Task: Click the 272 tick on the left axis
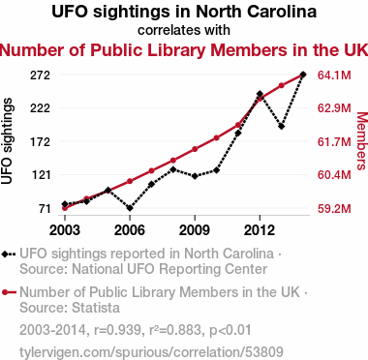(x=40, y=75)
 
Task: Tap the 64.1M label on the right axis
(x=334, y=75)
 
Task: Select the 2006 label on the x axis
(x=130, y=230)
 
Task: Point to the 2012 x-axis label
(x=260, y=230)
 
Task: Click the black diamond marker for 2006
(x=130, y=208)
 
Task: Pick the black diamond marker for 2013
(x=281, y=127)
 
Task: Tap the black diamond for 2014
(x=303, y=75)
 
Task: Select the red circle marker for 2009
(x=195, y=149)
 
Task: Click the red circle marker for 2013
(x=281, y=85)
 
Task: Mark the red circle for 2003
(x=65, y=208)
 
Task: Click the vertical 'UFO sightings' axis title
(x=7, y=141)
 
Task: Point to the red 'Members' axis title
(x=361, y=140)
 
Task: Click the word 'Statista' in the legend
(x=96, y=308)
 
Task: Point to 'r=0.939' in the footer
(x=117, y=330)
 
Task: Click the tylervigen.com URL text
(x=151, y=352)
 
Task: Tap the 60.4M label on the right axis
(x=334, y=175)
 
